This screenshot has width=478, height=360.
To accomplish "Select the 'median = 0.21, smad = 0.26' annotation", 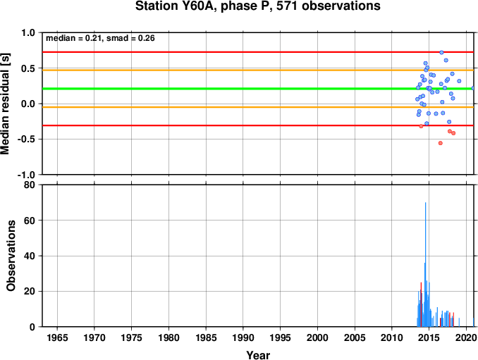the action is click(x=100, y=38).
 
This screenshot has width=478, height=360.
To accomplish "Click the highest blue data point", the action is click(x=441, y=52).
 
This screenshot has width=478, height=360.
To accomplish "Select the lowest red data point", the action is click(x=440, y=143).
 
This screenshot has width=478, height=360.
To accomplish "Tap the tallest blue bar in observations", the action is click(x=425, y=264).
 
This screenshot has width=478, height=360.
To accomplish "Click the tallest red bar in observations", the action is click(x=421, y=304).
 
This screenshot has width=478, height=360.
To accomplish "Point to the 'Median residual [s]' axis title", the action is click(x=5, y=104).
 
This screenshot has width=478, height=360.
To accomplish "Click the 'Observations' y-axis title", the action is click(x=11, y=256).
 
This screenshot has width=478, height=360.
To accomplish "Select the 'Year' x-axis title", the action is click(x=258, y=355).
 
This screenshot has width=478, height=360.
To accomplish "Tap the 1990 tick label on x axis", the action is click(x=243, y=337).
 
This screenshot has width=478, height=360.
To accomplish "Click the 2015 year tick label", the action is click(x=429, y=337).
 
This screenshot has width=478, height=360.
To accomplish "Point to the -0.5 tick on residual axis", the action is click(x=26, y=139).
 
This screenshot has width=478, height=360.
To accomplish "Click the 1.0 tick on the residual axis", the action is click(x=28, y=32).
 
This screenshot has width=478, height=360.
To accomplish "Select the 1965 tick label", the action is click(x=57, y=337).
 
